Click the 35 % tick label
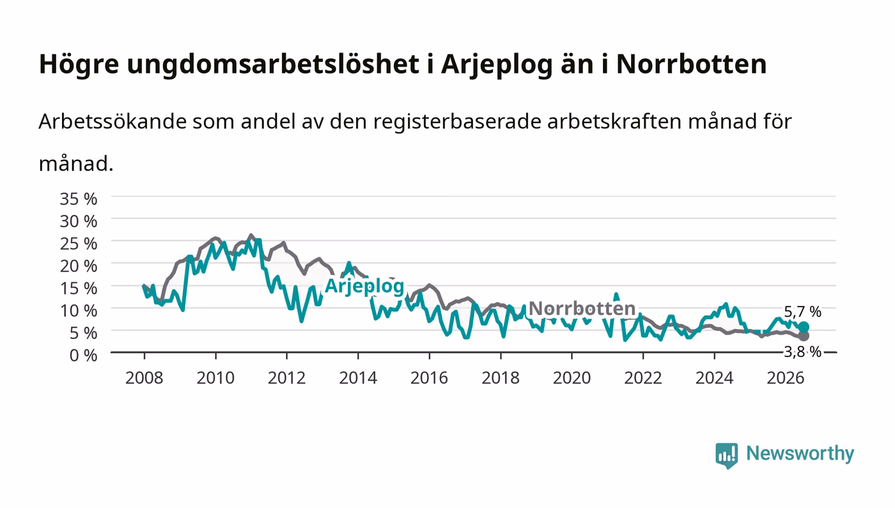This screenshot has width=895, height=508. [x=78, y=199]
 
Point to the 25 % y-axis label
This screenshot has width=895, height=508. [x=78, y=244]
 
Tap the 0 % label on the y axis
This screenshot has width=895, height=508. [x=83, y=355]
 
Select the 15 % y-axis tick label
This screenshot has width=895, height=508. [x=78, y=289]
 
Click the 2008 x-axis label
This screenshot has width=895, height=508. [x=144, y=378]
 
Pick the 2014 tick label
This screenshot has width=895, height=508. [x=358, y=378]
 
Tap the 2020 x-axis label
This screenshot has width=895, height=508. [x=572, y=378]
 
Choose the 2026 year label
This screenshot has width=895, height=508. [x=786, y=378]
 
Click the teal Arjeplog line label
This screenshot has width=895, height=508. [x=364, y=287]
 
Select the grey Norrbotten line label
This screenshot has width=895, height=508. [x=582, y=308]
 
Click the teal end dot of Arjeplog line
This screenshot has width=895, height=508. [x=804, y=327]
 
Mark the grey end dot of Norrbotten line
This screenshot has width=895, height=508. [x=804, y=336]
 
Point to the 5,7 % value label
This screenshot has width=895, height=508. [x=802, y=312]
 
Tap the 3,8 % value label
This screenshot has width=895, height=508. [x=802, y=352]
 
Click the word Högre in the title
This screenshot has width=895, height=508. [x=79, y=65]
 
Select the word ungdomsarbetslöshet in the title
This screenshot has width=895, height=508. [x=274, y=65]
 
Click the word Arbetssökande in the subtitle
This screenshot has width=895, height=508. [x=113, y=122]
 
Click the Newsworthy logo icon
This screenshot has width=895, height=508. [x=726, y=455]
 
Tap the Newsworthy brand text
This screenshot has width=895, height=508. [x=800, y=454]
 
